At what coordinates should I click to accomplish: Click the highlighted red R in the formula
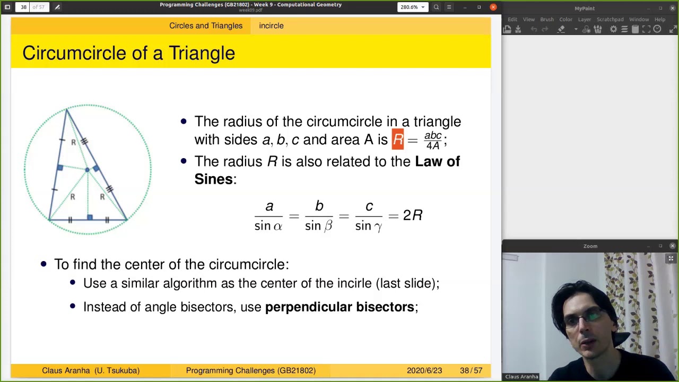[398, 140]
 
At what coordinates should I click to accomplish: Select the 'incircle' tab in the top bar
[271, 25]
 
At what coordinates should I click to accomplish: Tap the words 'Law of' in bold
[437, 161]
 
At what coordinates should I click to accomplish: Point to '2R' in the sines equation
[413, 215]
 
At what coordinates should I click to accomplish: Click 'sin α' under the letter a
[268, 225]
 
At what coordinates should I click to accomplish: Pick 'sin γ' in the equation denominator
[369, 226]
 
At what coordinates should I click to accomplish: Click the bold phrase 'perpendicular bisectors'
[339, 307]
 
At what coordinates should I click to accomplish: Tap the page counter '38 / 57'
[471, 370]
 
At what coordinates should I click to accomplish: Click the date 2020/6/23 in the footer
[424, 370]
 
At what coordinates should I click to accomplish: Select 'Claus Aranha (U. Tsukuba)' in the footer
[91, 370]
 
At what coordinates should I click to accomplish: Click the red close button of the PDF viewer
[493, 7]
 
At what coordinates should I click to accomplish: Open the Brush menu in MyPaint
[547, 20]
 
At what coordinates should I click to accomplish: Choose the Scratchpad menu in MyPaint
[610, 20]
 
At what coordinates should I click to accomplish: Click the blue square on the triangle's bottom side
[90, 217]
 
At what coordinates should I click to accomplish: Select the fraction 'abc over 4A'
[433, 140]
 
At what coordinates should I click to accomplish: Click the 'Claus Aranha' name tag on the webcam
[521, 377]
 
